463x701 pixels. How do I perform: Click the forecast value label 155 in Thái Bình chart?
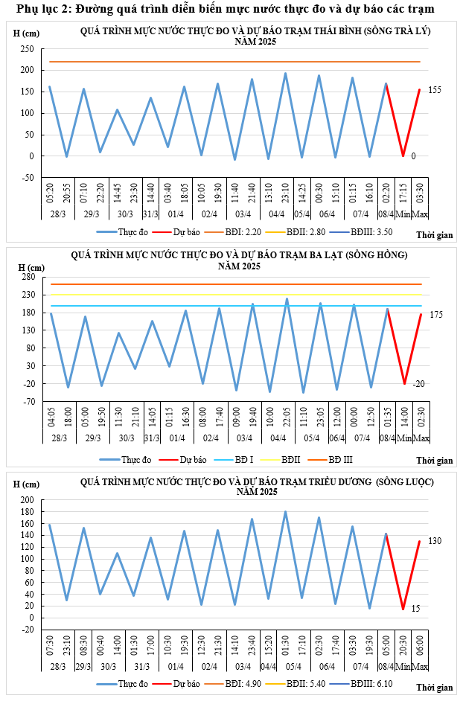(x=435, y=90)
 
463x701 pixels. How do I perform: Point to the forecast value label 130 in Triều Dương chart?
(x=435, y=540)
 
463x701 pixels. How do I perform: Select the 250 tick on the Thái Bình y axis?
(x=28, y=49)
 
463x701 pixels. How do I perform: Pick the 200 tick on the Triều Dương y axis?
(x=28, y=500)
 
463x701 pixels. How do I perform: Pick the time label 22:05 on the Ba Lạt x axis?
(x=287, y=416)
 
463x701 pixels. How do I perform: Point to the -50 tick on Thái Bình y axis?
(x=28, y=178)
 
